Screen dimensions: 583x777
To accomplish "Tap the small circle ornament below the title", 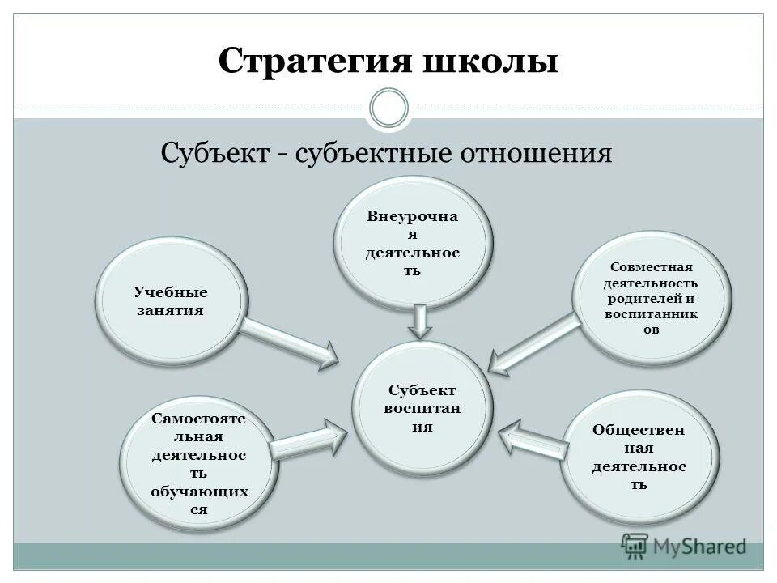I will click(388, 108).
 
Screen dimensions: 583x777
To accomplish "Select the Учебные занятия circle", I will click(170, 301).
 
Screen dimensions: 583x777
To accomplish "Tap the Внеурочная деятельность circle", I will click(413, 243).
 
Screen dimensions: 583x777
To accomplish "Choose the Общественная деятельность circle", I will click(639, 457).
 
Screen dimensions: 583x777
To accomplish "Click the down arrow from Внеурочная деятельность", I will click(418, 321).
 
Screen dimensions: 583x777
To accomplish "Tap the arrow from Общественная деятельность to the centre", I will click(534, 439).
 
